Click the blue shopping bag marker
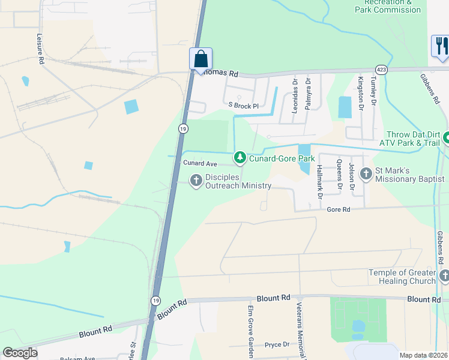click(x=201, y=59)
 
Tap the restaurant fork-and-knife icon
click(x=440, y=46)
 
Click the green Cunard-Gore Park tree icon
click(x=240, y=158)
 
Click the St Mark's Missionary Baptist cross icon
click(x=366, y=174)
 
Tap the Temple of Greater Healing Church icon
click(x=444, y=276)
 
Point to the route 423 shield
click(x=382, y=69)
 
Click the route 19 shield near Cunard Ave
click(x=182, y=128)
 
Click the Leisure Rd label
click(x=41, y=54)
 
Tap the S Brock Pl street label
click(x=243, y=106)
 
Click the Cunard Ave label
click(x=200, y=163)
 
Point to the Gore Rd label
click(x=338, y=209)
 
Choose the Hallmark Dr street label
click(x=319, y=182)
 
